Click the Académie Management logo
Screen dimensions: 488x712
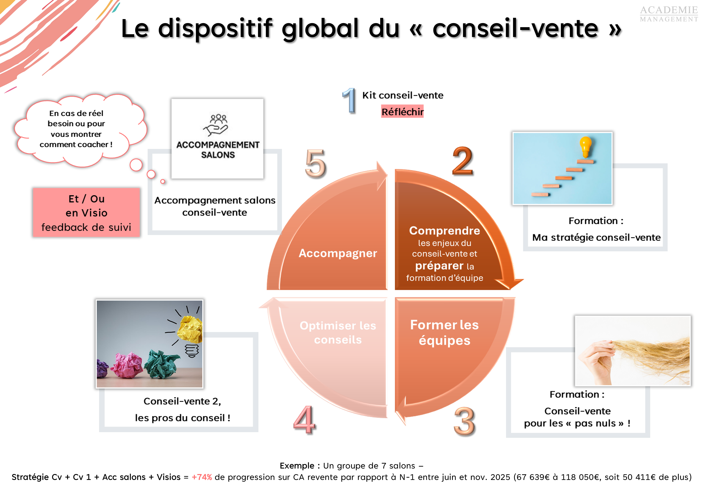pyautogui.click(x=669, y=14)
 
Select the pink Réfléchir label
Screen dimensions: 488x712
pyautogui.click(x=402, y=112)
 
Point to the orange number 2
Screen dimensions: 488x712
pyautogui.click(x=462, y=161)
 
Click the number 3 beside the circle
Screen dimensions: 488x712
pyautogui.click(x=464, y=421)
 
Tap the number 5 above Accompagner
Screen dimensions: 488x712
pyautogui.click(x=315, y=163)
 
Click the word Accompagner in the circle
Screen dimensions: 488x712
pyautogui.click(x=338, y=253)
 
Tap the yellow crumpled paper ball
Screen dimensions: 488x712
pyautogui.click(x=191, y=329)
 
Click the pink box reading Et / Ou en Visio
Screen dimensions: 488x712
pyautogui.click(x=86, y=212)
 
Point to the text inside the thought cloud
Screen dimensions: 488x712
pyautogui.click(x=76, y=129)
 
